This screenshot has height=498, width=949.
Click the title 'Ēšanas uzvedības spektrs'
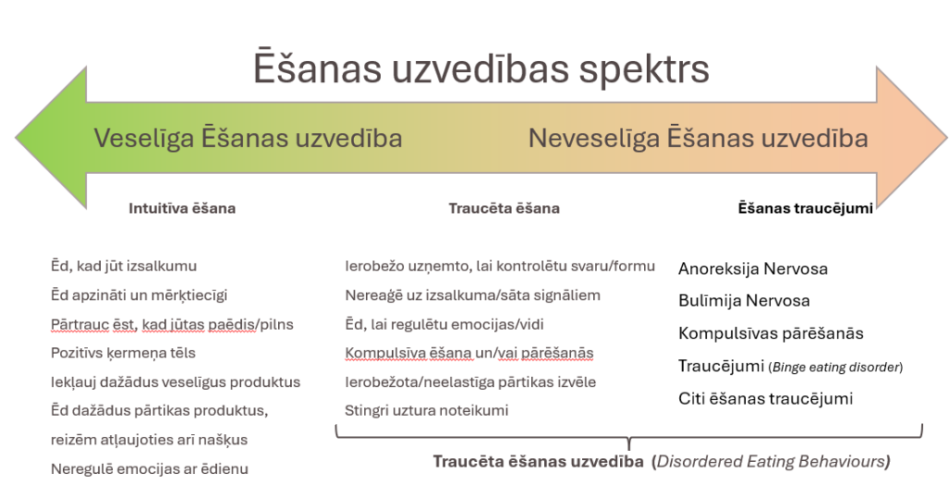[x=481, y=68]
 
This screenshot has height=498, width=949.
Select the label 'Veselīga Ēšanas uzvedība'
[x=248, y=139]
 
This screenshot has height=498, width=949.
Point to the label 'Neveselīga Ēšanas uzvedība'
[x=699, y=139]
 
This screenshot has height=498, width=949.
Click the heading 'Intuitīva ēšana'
[x=183, y=208]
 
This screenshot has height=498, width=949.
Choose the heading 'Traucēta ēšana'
[x=504, y=208]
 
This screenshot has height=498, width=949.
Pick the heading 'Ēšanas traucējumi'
[x=805, y=208]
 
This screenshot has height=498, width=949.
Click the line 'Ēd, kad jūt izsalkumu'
[x=123, y=266]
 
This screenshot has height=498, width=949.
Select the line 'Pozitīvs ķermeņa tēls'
[x=123, y=353]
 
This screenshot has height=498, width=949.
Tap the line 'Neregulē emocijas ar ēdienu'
[x=149, y=469]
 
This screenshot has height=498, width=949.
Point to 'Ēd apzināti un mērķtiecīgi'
[x=139, y=295]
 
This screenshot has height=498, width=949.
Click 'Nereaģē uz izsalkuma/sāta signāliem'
[x=473, y=295]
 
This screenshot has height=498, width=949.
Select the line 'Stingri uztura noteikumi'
[x=426, y=410]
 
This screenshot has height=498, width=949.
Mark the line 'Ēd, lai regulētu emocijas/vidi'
[x=444, y=325]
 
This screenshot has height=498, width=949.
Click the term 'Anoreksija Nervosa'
[x=753, y=269]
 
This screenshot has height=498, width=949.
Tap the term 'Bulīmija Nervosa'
[x=744, y=301]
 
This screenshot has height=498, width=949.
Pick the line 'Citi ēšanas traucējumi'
[x=766, y=399]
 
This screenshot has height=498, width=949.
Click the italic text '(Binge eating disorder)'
[x=836, y=367]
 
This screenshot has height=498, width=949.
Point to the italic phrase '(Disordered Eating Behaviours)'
[x=771, y=462]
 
